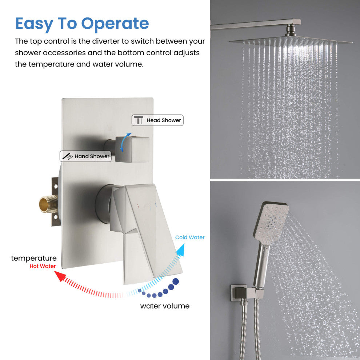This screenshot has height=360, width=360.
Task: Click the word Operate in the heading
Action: tap(115, 24)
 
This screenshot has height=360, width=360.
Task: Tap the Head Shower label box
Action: tap(157, 120)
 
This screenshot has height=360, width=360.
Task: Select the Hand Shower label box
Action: tap(86, 156)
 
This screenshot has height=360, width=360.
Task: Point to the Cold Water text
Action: tap(190, 237)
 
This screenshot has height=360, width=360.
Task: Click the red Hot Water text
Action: tap(43, 266)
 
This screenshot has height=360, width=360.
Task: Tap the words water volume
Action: tap(165, 306)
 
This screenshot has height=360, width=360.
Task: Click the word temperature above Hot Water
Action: tap(34, 258)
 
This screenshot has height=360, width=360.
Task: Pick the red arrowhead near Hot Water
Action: tap(60, 276)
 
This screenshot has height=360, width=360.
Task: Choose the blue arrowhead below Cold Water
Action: tap(181, 250)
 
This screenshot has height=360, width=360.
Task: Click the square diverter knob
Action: tap(132, 149)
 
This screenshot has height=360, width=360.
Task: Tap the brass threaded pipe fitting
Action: tap(48, 204)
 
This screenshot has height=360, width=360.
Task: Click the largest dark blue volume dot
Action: tap(176, 281)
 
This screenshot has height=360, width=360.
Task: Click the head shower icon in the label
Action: tap(139, 120)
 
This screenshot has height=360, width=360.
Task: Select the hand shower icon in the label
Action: tap(68, 156)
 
